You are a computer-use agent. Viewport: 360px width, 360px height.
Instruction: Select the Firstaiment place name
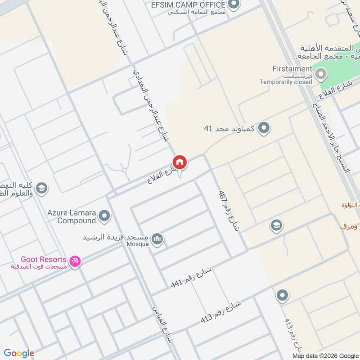292,68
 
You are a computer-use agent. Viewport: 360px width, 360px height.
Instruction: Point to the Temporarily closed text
286,82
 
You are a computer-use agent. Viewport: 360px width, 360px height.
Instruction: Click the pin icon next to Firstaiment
321,74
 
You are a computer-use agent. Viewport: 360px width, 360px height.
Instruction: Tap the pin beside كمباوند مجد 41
264,128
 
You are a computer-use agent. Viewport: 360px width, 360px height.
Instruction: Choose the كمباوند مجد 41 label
229,129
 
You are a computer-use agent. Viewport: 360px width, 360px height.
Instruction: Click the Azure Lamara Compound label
70,216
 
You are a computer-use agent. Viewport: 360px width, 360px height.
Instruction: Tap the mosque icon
157,239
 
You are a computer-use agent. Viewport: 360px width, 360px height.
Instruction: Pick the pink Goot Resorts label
44,260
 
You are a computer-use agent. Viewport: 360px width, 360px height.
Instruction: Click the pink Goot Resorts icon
75,261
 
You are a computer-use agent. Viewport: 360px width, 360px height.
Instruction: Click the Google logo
18,353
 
